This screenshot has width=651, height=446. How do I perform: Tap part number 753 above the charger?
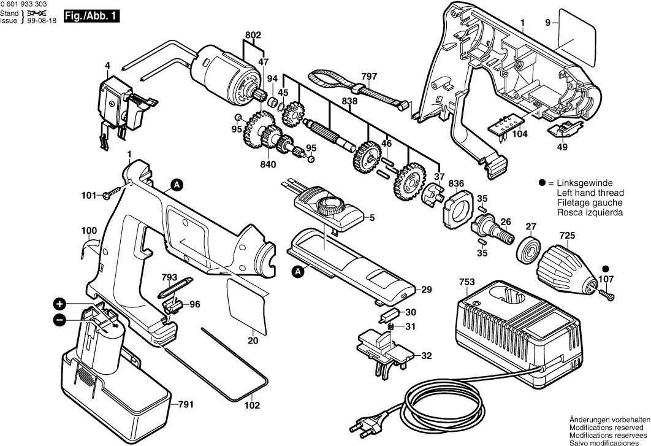466,283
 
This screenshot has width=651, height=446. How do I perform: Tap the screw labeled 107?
607,296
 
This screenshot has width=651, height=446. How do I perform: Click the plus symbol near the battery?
59,304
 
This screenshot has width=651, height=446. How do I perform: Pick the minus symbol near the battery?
59,319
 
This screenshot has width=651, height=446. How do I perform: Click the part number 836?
456,183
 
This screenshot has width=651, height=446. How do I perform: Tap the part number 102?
252,406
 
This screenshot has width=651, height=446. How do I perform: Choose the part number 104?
520,133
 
